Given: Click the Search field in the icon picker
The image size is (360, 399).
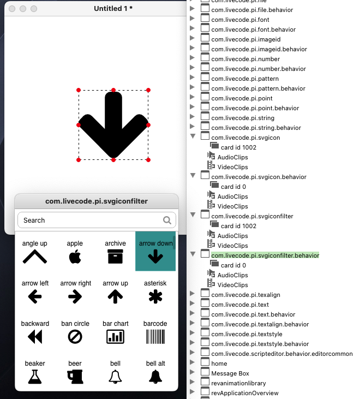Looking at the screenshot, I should (90, 221).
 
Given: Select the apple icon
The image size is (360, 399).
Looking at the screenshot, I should (75, 257).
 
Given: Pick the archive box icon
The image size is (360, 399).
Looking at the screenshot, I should (115, 257).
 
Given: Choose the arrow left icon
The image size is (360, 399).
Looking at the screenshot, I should (35, 296).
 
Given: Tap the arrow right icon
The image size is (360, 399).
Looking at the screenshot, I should (75, 296).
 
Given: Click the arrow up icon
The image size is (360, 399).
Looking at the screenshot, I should (115, 296).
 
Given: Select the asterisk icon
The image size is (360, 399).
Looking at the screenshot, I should (155, 296).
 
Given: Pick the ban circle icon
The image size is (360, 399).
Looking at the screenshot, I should (75, 337).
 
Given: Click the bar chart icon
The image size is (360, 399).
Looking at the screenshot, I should (115, 337).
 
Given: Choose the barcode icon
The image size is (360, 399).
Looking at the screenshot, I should (155, 337).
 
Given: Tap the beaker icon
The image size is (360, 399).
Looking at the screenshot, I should (35, 376).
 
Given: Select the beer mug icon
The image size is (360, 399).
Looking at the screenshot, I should (75, 376).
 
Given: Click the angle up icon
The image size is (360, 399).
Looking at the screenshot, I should (35, 257).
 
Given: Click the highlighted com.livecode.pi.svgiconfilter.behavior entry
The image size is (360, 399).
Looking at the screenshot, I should (265, 255).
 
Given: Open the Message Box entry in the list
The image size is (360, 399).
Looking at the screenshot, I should (230, 373).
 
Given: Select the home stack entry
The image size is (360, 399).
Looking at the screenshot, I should (219, 364).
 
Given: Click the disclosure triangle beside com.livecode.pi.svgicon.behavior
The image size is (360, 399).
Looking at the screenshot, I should (192, 176).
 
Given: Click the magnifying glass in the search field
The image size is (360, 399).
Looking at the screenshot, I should (167, 221).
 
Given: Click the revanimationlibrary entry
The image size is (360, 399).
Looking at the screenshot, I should (238, 383).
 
